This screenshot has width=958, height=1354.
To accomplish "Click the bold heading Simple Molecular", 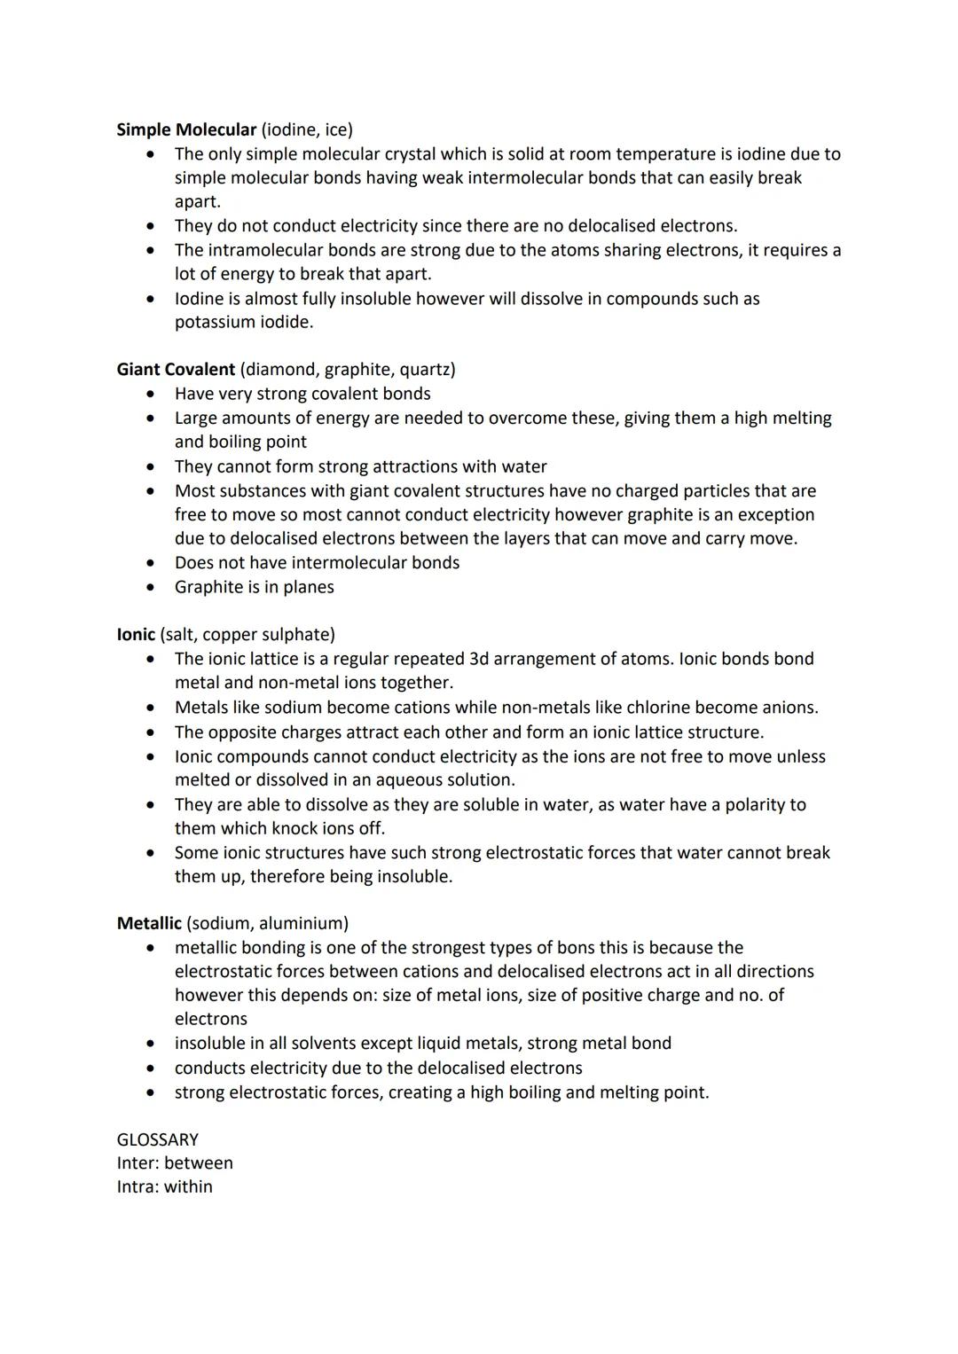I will pyautogui.click(x=186, y=129).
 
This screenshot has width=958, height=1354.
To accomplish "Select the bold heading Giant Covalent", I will pyautogui.click(x=176, y=369).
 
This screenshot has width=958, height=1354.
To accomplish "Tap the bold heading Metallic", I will pyautogui.click(x=149, y=923).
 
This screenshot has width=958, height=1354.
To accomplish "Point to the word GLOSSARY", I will pyautogui.click(x=158, y=1139).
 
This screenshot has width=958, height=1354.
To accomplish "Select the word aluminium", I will pyautogui.click(x=301, y=923).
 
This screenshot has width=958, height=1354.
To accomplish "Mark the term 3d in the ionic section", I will pyautogui.click(x=475, y=659).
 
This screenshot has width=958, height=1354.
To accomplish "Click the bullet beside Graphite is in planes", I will pyautogui.click(x=153, y=587).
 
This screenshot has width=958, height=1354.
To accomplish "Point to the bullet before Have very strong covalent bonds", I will pyautogui.click(x=153, y=394).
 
